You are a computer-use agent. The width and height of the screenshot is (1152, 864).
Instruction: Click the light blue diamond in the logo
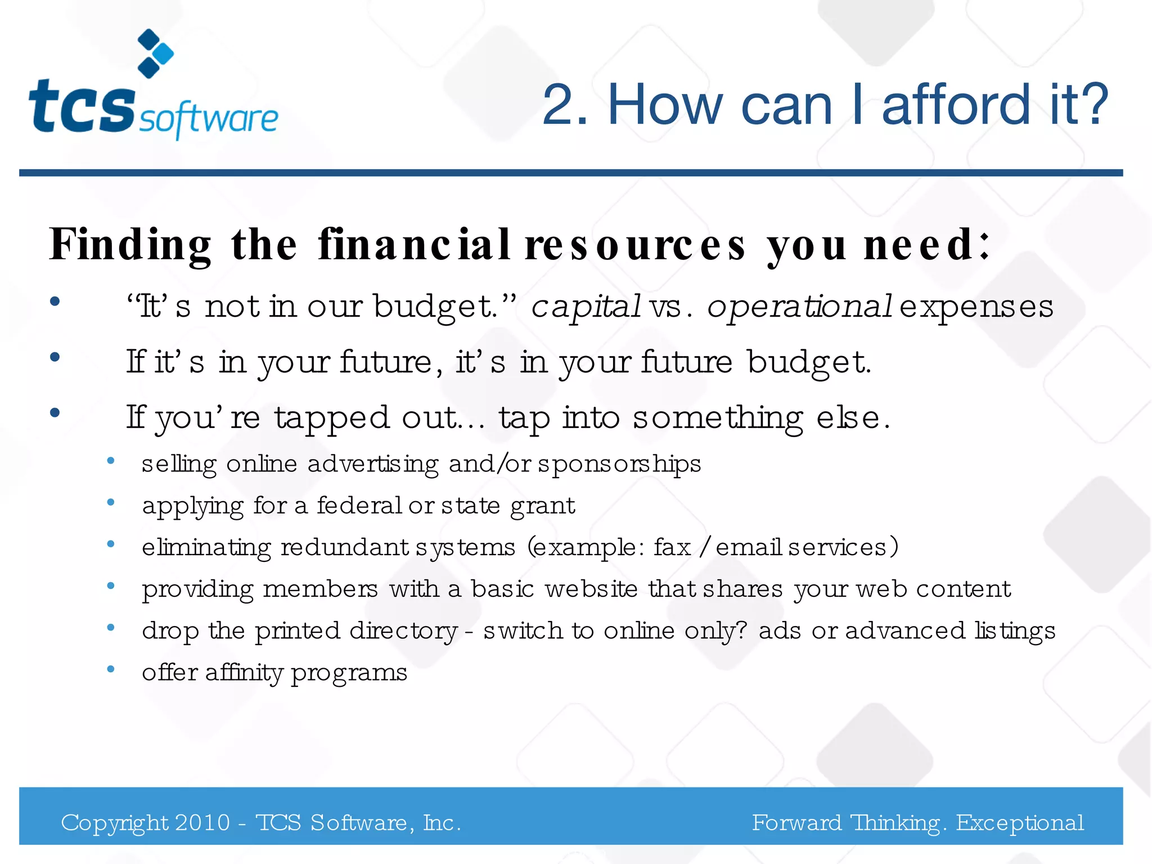[164, 54]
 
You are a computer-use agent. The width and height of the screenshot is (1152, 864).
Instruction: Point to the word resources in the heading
[635, 245]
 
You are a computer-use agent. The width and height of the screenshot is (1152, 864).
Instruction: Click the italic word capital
[586, 307]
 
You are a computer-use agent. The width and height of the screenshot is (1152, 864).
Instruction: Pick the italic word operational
[799, 307]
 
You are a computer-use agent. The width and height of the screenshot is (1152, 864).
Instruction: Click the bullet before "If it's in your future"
[55, 357]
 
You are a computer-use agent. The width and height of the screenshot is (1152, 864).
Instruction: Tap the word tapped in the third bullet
[332, 418]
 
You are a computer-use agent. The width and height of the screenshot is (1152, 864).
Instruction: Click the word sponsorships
[619, 464]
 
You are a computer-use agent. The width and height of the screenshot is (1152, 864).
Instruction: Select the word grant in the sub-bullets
[542, 506]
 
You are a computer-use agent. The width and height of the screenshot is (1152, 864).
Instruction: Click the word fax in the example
[672, 547]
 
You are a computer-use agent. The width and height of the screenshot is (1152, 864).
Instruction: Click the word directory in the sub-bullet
[403, 631]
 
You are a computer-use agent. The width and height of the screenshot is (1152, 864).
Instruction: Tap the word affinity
[244, 672]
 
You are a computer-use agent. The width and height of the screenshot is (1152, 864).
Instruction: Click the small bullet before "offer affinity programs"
[111, 669]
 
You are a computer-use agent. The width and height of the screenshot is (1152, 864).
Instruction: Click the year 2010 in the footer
[202, 822]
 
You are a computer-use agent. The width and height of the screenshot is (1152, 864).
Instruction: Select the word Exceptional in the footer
[1020, 822]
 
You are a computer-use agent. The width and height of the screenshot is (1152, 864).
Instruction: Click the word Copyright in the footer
[114, 823]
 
